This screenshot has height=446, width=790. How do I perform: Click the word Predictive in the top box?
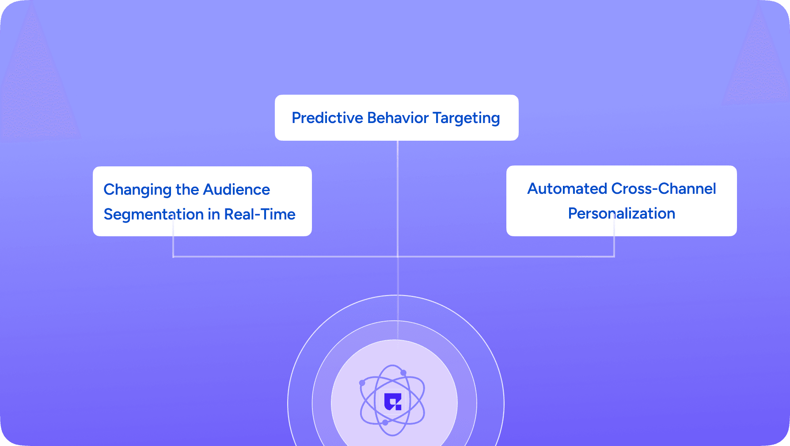coord(327,118)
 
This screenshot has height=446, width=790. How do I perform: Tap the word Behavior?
coord(398,118)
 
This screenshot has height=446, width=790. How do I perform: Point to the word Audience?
coord(236,190)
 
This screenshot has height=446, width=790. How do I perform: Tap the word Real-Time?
coord(260,215)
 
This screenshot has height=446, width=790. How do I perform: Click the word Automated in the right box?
coord(567,189)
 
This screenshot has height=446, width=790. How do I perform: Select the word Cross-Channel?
coord(664,189)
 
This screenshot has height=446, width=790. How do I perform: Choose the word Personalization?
coord(622,214)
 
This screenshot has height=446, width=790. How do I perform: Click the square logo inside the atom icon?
coord(393,401)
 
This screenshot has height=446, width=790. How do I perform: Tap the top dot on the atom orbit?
coord(403,373)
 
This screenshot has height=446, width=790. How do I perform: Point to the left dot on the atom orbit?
coord(362,383)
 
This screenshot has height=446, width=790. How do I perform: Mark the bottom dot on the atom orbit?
coord(385,423)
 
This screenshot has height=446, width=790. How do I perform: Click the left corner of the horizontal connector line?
coord(173,256)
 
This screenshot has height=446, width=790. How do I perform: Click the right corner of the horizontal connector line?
coord(614,256)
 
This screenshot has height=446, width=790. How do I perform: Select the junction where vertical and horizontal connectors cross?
coord(398,256)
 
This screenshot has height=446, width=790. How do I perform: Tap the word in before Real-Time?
coord(214,215)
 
